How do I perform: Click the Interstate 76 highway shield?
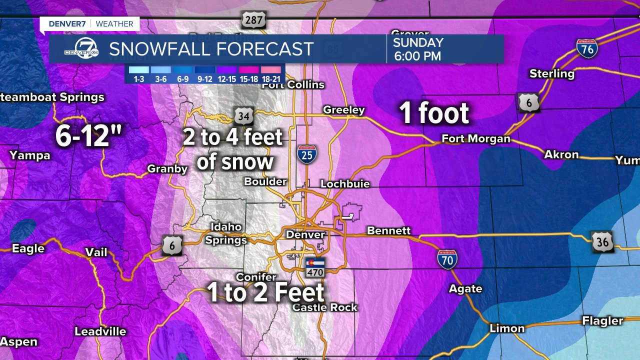tap(587, 48)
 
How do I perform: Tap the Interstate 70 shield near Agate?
tap(447, 259)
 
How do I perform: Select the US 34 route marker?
tap(243, 116)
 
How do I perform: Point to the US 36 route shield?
tap(602, 241)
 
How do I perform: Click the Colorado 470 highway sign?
tap(315, 267)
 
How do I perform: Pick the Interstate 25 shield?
tap(306, 155)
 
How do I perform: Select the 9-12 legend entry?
tap(205, 73)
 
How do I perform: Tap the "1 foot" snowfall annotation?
tap(434, 113)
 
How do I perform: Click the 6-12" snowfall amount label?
tap(88, 136)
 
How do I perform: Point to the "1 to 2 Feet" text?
tap(266, 292)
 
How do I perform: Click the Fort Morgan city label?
tap(475, 139)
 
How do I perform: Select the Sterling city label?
tap(551, 73)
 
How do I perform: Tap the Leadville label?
tap(100, 331)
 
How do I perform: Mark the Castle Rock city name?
tap(325, 307)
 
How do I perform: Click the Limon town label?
tap(507, 328)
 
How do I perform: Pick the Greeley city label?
tap(344, 110)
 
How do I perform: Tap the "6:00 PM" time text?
tap(417, 56)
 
